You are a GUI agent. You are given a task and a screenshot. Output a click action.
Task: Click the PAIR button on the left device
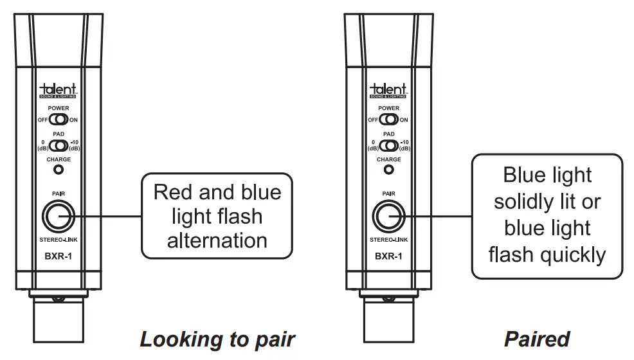pos(58,217)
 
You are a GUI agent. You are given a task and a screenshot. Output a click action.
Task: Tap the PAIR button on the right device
pos(388,217)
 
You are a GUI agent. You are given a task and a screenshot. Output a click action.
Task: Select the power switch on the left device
pos(59,120)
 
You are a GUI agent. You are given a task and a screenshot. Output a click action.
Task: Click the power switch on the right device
pos(389,120)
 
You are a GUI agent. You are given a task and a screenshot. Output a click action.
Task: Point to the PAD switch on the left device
pos(59,145)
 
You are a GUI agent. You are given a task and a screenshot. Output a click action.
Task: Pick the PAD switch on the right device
pos(389,145)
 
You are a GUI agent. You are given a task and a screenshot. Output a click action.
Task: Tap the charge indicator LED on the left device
pos(59,170)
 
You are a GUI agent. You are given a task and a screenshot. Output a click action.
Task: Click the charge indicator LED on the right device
pos(389,170)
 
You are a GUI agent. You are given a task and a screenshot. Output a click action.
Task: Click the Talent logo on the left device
pos(59,90)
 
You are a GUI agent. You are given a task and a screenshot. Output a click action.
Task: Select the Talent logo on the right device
pos(389,90)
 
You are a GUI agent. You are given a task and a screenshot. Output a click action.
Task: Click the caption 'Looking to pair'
pos(217,339)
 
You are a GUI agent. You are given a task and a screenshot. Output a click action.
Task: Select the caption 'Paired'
pos(537,339)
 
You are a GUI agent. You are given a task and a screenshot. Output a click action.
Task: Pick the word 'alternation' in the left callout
pos(217,240)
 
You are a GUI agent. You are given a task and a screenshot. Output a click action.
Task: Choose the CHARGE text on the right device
pos(389,159)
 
